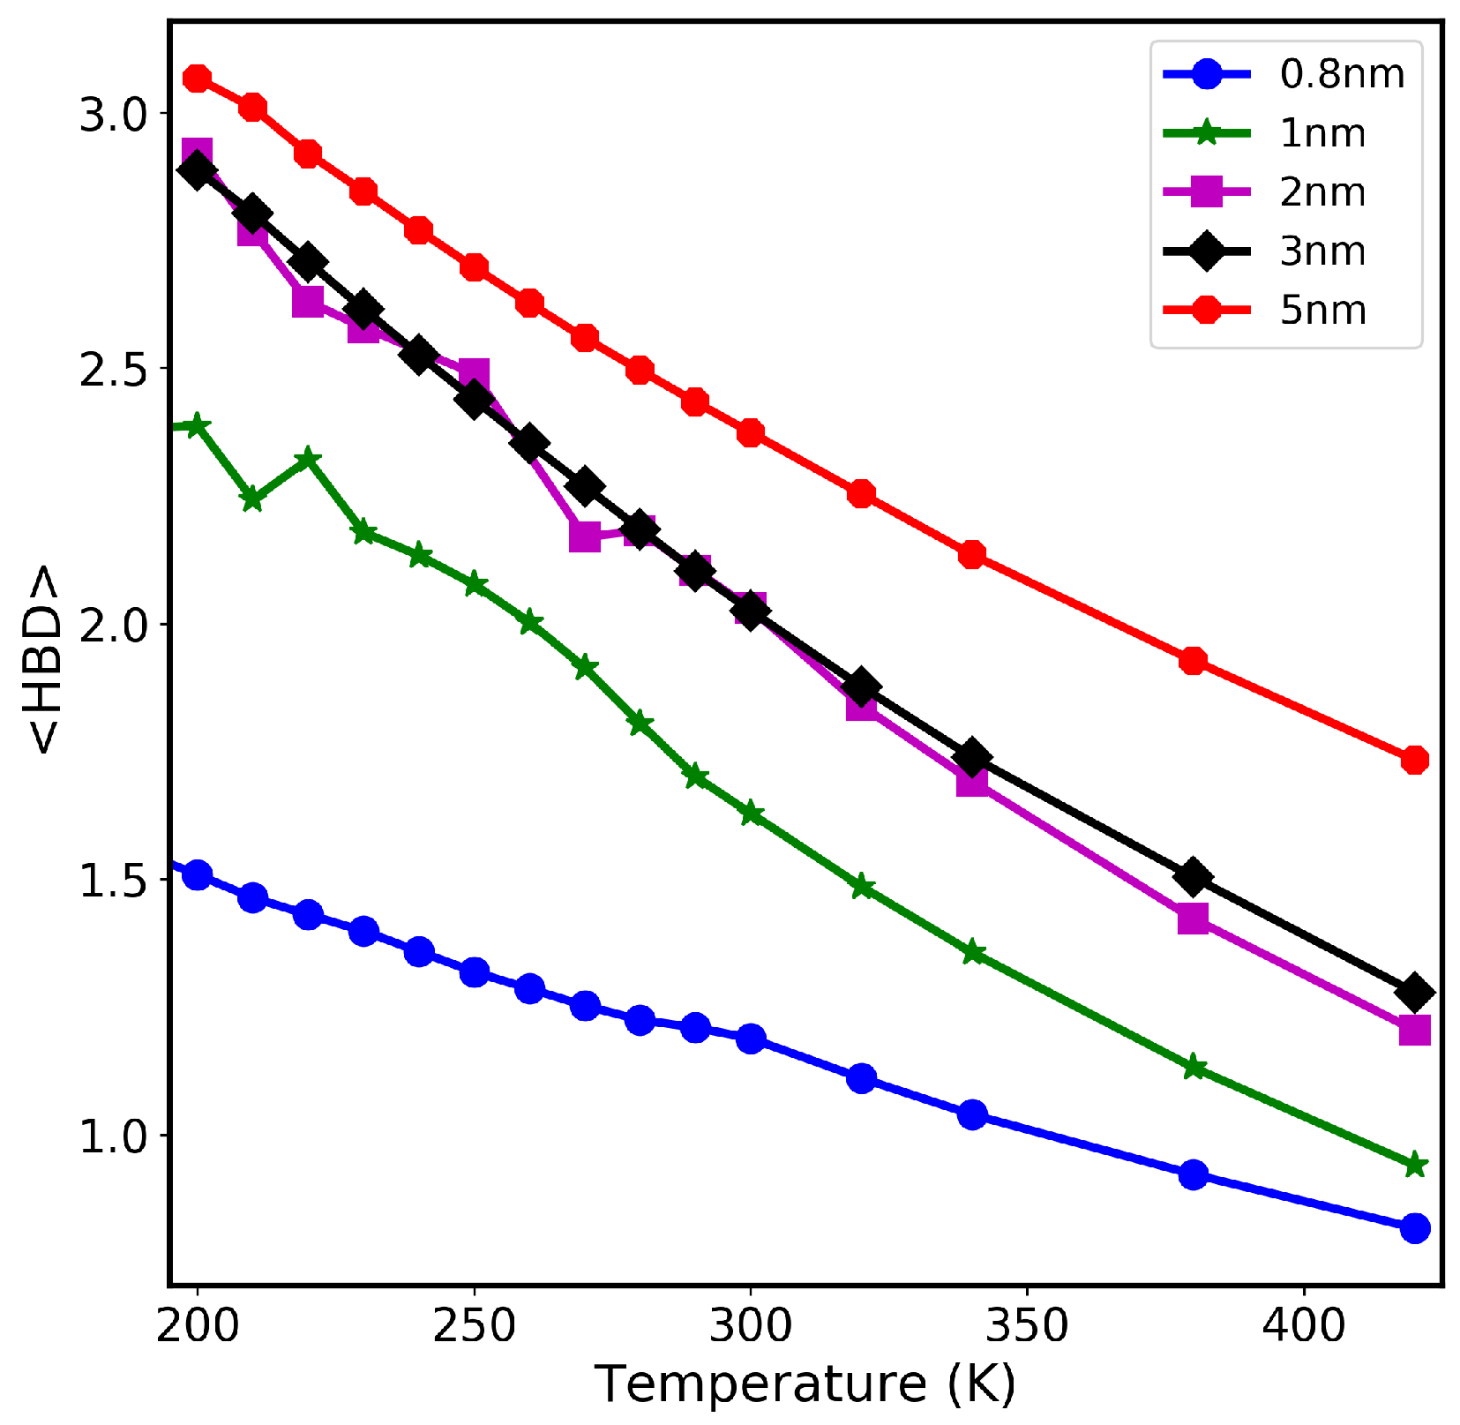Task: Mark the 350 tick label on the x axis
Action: coord(1027,1326)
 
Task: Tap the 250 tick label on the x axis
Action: coord(474,1326)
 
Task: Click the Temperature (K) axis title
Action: coord(805,1384)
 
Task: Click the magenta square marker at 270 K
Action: coord(584,536)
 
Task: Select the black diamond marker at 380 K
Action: coord(1193,876)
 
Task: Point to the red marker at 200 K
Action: coord(198,79)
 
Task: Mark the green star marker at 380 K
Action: coord(1193,1067)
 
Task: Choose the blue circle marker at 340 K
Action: coord(972,1114)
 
